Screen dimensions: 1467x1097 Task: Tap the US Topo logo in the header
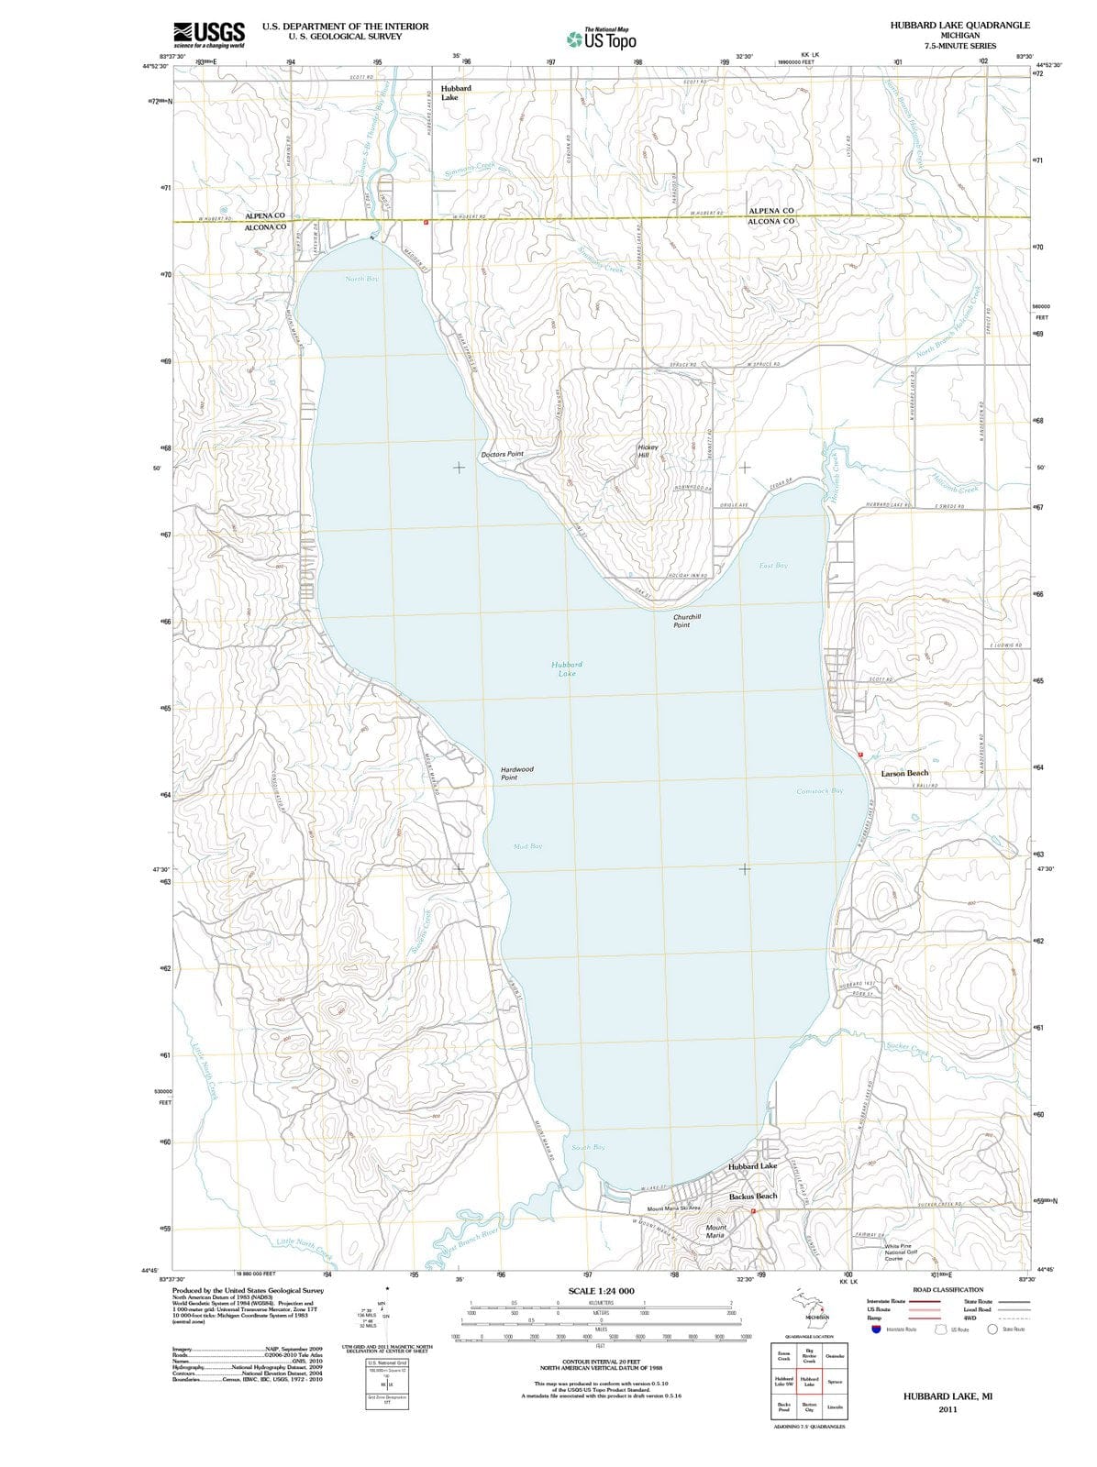point(603,39)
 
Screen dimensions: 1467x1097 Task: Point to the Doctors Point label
point(502,455)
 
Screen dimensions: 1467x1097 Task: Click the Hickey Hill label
point(648,451)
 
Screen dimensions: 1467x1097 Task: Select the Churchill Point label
point(686,621)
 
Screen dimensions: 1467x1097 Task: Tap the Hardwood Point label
point(516,773)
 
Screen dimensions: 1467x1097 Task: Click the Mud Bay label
point(527,846)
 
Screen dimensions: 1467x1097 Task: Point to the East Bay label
point(773,566)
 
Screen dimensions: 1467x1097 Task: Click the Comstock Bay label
point(819,790)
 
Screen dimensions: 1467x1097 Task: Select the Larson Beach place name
point(904,773)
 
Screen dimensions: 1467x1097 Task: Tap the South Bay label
point(588,1147)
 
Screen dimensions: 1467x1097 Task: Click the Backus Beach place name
point(753,1197)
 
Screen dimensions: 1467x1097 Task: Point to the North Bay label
point(361,278)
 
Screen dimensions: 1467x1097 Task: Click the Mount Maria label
point(715,1231)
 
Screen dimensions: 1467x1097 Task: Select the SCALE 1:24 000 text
point(601,1291)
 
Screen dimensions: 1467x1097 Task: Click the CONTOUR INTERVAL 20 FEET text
point(601,1362)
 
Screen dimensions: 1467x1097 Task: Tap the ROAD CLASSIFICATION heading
point(947,1290)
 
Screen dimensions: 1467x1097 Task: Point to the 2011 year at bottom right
point(947,1410)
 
